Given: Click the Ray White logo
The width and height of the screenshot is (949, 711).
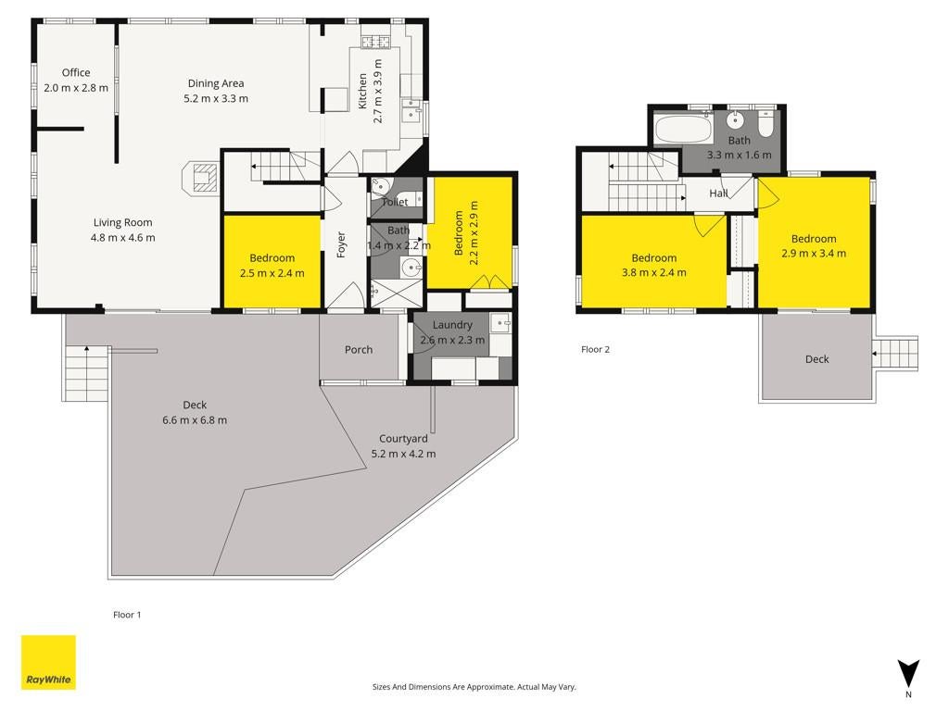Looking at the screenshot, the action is pyautogui.click(x=48, y=662).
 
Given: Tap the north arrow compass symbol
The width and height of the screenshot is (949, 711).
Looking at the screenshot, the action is pyautogui.click(x=908, y=675).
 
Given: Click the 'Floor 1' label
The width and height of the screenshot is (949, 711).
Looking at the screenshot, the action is pyautogui.click(x=127, y=615).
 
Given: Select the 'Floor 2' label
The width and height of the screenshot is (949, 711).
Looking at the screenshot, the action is pyautogui.click(x=596, y=349).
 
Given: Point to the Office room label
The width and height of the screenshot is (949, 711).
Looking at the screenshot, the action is pyautogui.click(x=76, y=72).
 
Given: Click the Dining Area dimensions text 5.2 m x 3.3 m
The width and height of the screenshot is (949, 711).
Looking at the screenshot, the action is pyautogui.click(x=216, y=98).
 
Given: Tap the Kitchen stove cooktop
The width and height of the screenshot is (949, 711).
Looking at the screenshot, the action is pyautogui.click(x=376, y=42).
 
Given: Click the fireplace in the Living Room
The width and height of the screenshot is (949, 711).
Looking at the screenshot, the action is pyautogui.click(x=200, y=177).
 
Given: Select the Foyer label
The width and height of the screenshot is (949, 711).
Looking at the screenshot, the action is pyautogui.click(x=341, y=244).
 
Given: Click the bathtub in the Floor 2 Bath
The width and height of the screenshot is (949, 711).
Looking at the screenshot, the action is pyautogui.click(x=683, y=128).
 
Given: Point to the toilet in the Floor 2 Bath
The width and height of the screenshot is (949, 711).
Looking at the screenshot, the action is pyautogui.click(x=766, y=123).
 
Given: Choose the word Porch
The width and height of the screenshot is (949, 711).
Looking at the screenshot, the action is pyautogui.click(x=359, y=349).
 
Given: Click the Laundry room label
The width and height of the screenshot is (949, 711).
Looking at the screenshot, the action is pyautogui.click(x=452, y=325).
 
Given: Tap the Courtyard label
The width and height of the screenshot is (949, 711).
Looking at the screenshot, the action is pyautogui.click(x=404, y=439).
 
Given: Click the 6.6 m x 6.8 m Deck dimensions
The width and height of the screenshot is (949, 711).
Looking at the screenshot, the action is pyautogui.click(x=195, y=420).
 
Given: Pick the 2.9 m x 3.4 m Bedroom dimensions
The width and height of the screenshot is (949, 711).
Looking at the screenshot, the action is pyautogui.click(x=814, y=254).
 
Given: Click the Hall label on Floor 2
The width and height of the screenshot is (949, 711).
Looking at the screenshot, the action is pyautogui.click(x=718, y=193).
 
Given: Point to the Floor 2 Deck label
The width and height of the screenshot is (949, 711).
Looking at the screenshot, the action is pyautogui.click(x=817, y=359).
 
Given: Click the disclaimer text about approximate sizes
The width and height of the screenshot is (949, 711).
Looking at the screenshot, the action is pyautogui.click(x=474, y=687).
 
